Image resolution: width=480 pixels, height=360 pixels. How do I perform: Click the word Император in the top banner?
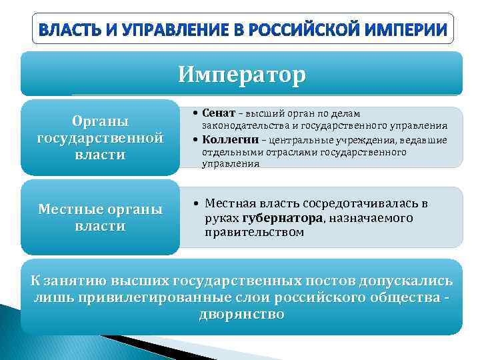[241, 73]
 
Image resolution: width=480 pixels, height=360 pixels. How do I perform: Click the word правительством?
[254, 233]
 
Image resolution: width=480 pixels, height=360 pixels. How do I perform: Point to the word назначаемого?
[371, 218]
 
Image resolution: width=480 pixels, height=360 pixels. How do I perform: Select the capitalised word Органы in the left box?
[100, 121]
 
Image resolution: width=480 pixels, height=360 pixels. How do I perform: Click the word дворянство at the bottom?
[241, 314]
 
